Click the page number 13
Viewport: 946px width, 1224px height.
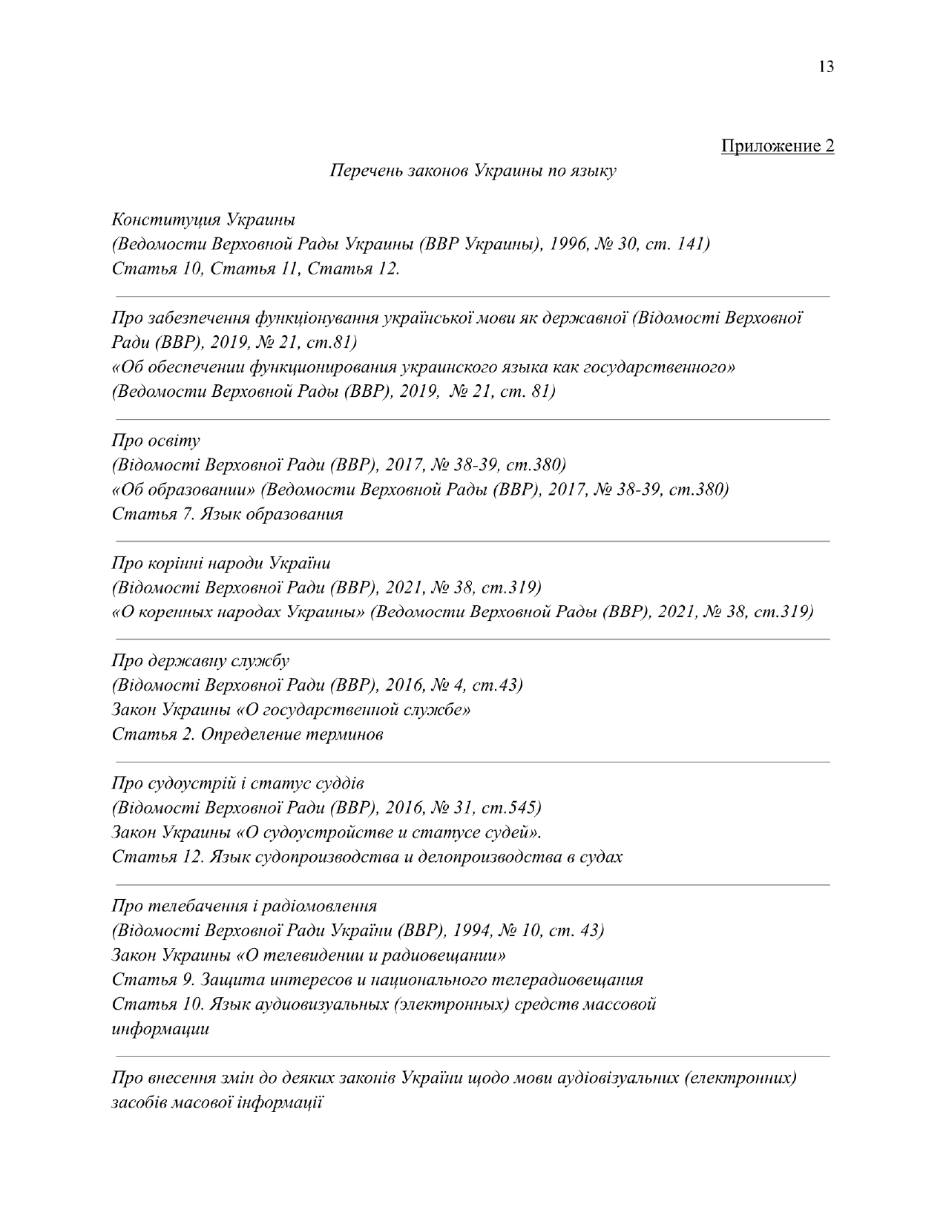[826, 67]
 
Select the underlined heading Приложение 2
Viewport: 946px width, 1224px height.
[778, 145]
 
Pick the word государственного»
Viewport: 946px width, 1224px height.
[660, 367]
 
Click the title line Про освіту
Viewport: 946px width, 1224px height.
[156, 441]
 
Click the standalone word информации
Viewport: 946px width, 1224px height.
[160, 1029]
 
